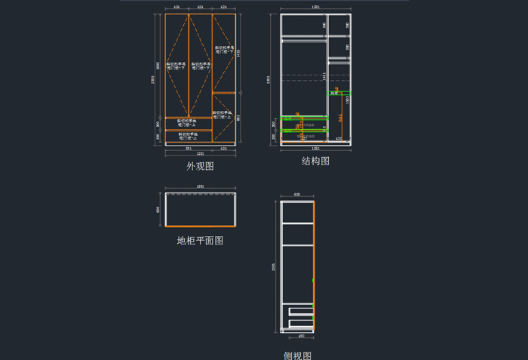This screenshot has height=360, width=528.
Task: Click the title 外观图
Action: (x=200, y=166)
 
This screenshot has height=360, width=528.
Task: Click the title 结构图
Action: (x=315, y=161)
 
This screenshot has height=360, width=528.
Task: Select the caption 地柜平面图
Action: (x=200, y=241)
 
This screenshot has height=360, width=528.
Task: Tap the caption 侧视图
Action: (x=297, y=355)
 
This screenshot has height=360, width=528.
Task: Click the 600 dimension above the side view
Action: (x=297, y=195)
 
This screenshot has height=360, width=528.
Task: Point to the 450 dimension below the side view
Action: (x=301, y=336)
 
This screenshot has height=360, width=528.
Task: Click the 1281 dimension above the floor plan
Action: (x=201, y=186)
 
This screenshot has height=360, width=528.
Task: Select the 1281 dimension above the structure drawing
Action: (x=315, y=8)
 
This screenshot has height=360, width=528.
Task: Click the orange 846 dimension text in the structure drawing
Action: (x=340, y=118)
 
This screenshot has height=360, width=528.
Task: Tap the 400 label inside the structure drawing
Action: (x=339, y=139)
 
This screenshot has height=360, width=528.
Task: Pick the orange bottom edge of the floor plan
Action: (x=201, y=226)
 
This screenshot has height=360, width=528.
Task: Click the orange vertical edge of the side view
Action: (x=314, y=264)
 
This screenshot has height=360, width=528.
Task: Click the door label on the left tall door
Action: (x=177, y=66)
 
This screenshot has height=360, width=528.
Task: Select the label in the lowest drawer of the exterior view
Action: (x=189, y=136)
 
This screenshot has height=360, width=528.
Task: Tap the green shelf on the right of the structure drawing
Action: (x=339, y=93)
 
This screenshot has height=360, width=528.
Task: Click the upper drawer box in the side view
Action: (x=299, y=308)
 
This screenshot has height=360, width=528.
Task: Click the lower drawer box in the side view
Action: (x=299, y=319)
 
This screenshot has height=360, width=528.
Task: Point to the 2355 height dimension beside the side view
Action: (x=272, y=266)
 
